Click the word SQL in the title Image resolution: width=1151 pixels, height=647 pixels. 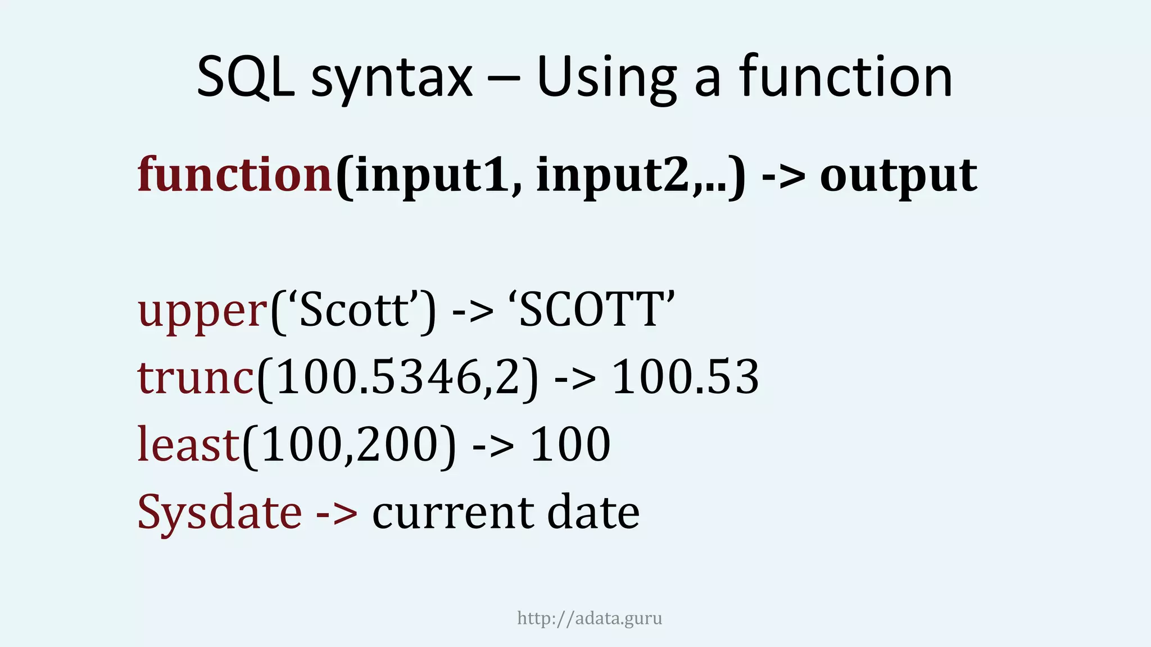click(246, 77)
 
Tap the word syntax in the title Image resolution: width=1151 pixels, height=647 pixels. click(392, 79)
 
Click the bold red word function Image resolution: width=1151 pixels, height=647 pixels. click(235, 175)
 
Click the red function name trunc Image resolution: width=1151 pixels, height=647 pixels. click(196, 377)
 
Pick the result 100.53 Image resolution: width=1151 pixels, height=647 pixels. click(685, 377)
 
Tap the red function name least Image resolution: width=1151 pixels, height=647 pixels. click(189, 444)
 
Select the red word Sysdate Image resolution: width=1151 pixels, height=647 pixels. click(220, 512)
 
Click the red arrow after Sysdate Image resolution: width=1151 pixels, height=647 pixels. click(337, 512)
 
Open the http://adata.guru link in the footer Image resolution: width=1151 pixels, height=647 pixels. click(590, 618)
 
